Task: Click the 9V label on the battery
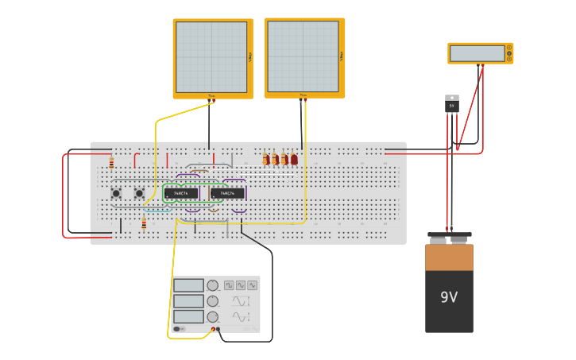(x=449, y=297)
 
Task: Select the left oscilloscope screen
(x=211, y=57)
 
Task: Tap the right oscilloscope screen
(x=303, y=56)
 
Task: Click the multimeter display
(x=477, y=53)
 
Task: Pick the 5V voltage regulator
(x=451, y=104)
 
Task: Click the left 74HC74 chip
(x=181, y=193)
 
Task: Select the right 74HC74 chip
(x=227, y=193)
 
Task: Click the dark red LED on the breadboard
(x=294, y=159)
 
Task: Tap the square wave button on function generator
(x=229, y=285)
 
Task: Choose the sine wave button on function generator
(x=252, y=285)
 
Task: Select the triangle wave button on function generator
(x=241, y=285)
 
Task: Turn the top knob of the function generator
(x=212, y=285)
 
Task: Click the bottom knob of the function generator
(x=212, y=316)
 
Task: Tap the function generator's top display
(x=188, y=285)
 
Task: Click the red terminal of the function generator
(x=213, y=328)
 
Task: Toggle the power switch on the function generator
(x=180, y=328)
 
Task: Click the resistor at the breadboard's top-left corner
(x=111, y=162)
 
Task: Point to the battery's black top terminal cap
(x=449, y=236)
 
